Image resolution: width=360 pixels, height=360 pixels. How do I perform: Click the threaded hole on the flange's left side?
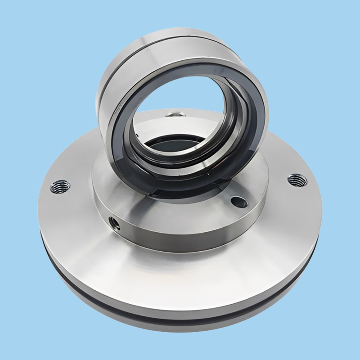[x=60, y=184]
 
